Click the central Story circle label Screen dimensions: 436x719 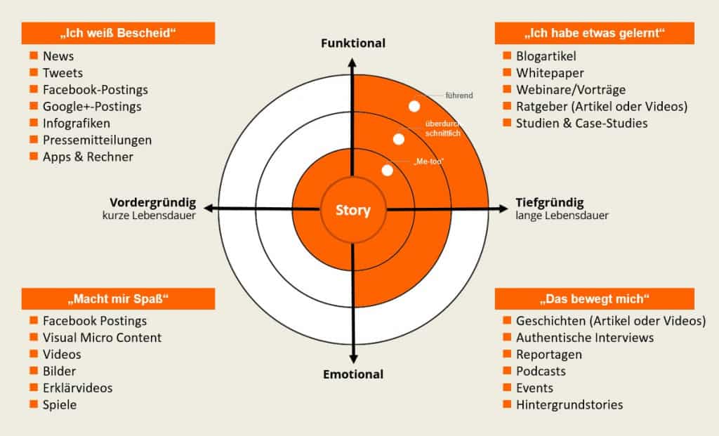(x=352, y=210)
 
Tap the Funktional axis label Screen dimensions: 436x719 (x=353, y=44)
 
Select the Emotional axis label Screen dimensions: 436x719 (x=353, y=374)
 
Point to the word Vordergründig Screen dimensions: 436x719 (x=152, y=203)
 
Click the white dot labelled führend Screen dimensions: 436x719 (x=414, y=106)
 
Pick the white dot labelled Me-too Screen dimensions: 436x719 (x=387, y=170)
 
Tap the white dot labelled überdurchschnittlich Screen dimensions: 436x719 (x=399, y=139)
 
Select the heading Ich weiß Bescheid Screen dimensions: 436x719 (x=118, y=33)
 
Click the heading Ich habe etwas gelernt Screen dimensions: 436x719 (x=594, y=33)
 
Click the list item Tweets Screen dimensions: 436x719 (x=62, y=73)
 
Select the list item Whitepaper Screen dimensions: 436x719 (x=550, y=73)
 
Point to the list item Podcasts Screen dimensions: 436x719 (x=541, y=371)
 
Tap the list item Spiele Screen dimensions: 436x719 (x=60, y=405)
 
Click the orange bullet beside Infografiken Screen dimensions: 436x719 (x=33, y=124)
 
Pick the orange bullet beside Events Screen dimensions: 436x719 (x=507, y=388)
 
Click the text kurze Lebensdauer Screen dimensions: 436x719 (x=148, y=216)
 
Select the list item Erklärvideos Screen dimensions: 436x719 (x=77, y=388)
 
